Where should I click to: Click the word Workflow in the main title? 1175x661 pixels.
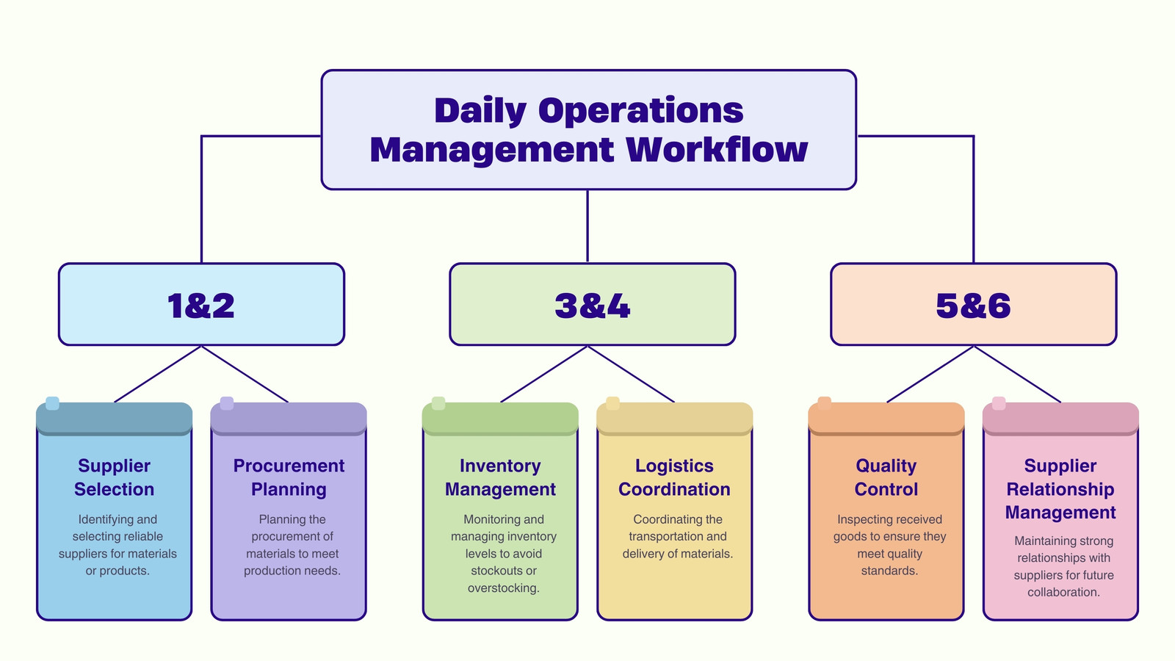(x=717, y=150)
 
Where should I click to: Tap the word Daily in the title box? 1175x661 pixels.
(x=480, y=111)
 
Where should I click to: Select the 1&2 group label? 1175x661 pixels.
(x=201, y=306)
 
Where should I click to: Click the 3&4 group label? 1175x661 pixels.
(x=592, y=306)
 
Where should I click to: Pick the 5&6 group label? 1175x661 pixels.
(x=973, y=306)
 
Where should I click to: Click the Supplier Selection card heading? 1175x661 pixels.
(x=115, y=477)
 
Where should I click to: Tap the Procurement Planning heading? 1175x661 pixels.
(x=289, y=477)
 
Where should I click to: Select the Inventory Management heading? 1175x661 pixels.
(x=500, y=477)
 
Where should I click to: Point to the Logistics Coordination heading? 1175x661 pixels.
(x=675, y=477)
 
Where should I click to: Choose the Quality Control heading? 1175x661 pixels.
(x=886, y=477)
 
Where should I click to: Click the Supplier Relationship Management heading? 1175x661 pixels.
(x=1060, y=489)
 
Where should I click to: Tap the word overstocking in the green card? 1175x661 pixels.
(x=504, y=588)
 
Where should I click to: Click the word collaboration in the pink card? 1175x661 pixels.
(x=1064, y=592)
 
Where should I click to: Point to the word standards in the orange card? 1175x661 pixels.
(x=889, y=571)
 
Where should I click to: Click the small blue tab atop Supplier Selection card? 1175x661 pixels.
(x=52, y=403)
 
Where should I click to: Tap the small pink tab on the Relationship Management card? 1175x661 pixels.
(x=999, y=403)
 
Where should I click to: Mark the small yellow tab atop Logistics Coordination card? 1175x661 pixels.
(x=612, y=403)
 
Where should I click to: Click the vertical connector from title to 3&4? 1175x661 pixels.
(x=587, y=226)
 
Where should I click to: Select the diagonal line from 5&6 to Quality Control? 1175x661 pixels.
(x=930, y=374)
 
